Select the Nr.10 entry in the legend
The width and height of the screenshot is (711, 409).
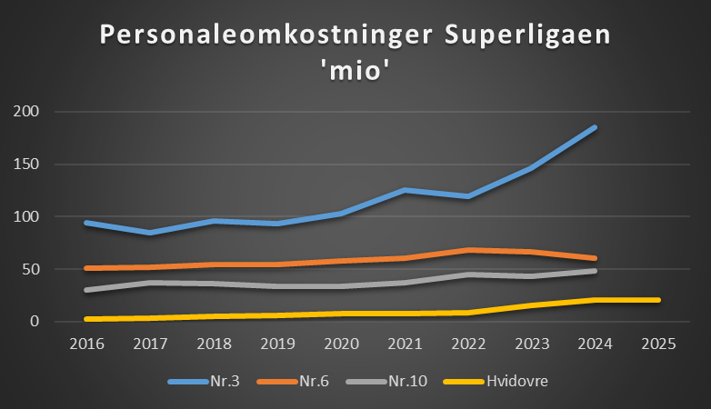(401, 381)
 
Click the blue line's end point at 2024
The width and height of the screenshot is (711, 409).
(596, 127)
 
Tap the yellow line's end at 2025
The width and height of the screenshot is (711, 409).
(658, 300)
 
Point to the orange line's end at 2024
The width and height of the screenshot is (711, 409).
(596, 258)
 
